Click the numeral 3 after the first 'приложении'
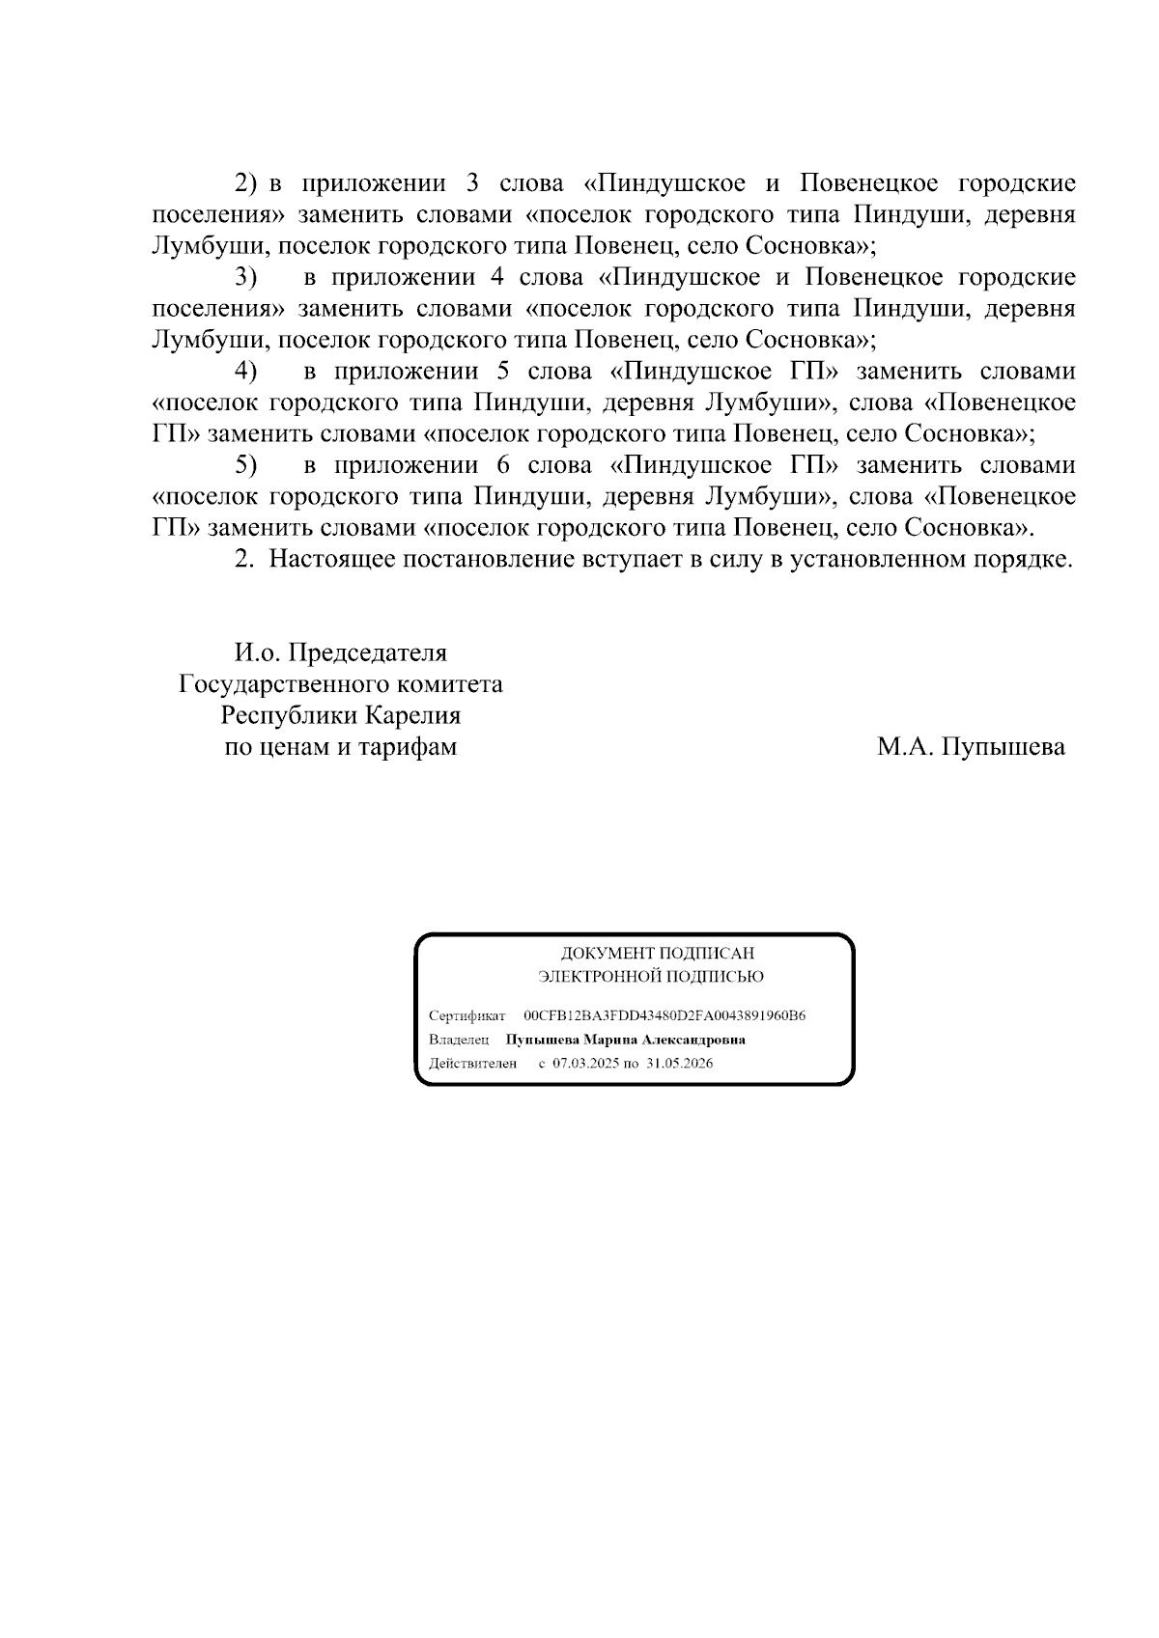pyautogui.click(x=472, y=183)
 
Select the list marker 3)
pyautogui.click(x=245, y=278)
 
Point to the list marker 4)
pyautogui.click(x=245, y=372)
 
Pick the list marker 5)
pyautogui.click(x=245, y=465)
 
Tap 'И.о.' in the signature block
pyautogui.click(x=256, y=652)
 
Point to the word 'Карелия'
pyautogui.click(x=412, y=715)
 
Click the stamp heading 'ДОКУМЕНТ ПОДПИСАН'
pyautogui.click(x=658, y=954)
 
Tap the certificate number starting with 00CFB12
pyautogui.click(x=664, y=1016)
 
